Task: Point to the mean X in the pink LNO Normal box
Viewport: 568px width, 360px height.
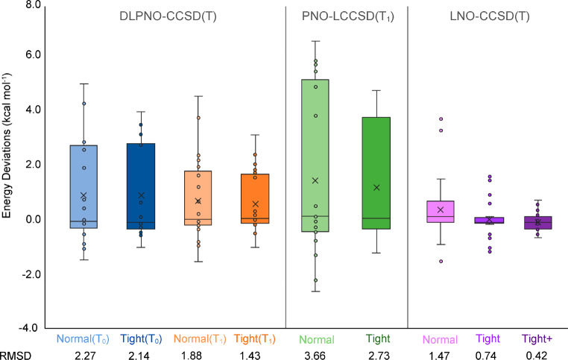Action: (441, 210)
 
